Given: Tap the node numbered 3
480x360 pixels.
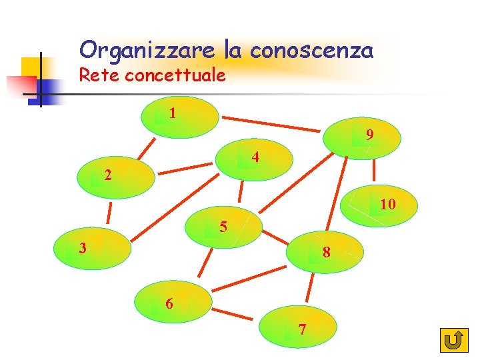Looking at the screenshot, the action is pos(93,249).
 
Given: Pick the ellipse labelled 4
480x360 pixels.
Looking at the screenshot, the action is pos(255,160).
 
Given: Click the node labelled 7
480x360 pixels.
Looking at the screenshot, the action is pos(298,327).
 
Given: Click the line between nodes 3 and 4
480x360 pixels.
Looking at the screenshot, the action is pos(175,209).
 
